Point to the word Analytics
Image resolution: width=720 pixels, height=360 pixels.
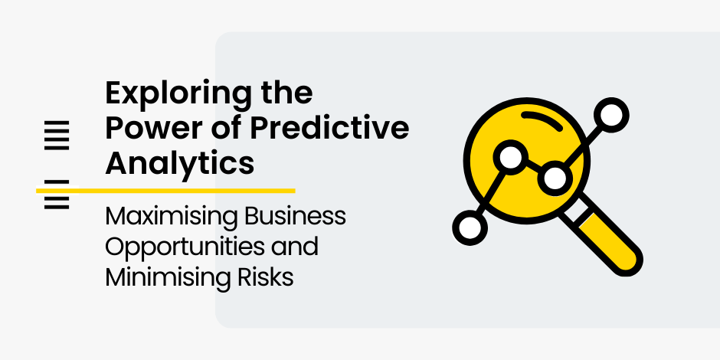[x=179, y=163]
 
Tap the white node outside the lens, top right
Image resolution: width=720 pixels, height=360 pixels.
[x=611, y=115]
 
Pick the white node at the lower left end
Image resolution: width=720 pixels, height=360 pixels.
[x=470, y=227]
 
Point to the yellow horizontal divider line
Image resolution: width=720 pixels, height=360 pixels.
[x=165, y=191]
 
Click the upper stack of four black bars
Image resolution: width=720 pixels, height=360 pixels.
[x=57, y=135]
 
